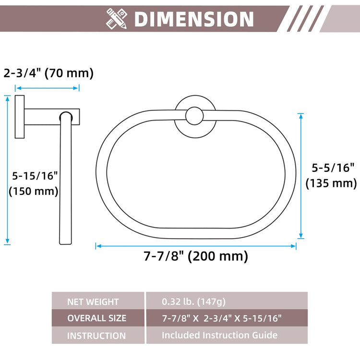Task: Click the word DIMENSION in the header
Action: click(194, 19)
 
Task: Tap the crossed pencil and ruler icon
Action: click(117, 19)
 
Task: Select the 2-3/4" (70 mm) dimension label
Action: click(48, 73)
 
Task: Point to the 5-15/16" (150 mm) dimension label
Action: click(34, 183)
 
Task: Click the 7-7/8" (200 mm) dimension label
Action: click(196, 256)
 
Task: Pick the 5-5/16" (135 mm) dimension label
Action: click(331, 176)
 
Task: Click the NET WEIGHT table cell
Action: click(98, 301)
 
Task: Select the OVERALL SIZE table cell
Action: click(98, 318)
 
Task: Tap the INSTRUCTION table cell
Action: click(98, 335)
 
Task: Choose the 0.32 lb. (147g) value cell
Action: click(227, 301)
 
